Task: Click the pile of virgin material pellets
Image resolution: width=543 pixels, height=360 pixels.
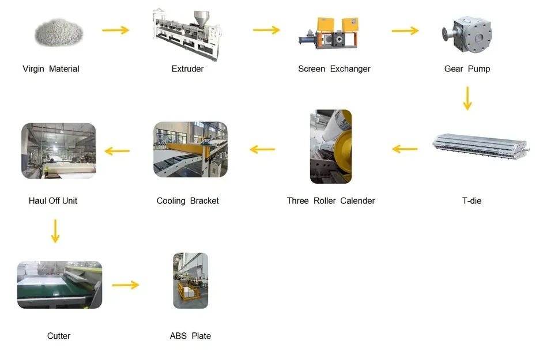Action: click(x=59, y=32)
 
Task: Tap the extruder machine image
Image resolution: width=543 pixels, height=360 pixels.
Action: click(x=187, y=35)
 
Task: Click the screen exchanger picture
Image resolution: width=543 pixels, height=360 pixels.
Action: click(x=329, y=33)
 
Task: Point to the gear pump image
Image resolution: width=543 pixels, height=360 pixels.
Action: click(x=467, y=34)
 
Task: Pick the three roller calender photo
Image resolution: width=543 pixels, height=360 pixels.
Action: click(x=331, y=146)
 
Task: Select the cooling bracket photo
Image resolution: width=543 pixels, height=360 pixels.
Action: click(x=190, y=150)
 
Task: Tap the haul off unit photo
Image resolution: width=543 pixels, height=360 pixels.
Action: click(x=59, y=151)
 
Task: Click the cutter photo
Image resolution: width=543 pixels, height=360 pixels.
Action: click(x=59, y=285)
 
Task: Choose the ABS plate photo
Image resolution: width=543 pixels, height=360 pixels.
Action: click(x=190, y=281)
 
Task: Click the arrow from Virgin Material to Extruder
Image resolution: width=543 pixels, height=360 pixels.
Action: click(x=116, y=30)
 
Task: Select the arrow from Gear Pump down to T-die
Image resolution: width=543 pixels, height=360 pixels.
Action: click(x=467, y=98)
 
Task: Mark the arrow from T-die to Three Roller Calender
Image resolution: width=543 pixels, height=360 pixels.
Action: click(x=405, y=149)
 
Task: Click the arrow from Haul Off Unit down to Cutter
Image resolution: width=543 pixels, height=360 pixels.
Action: click(x=55, y=231)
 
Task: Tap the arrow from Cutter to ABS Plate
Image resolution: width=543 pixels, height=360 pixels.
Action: click(x=126, y=285)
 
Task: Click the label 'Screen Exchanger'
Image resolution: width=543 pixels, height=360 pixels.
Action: click(x=334, y=69)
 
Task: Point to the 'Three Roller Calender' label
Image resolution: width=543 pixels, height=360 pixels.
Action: click(x=331, y=201)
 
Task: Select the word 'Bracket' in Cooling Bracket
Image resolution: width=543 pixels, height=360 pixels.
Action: click(x=204, y=201)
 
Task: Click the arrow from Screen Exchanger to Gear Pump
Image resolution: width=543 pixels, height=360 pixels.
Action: click(x=405, y=31)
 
